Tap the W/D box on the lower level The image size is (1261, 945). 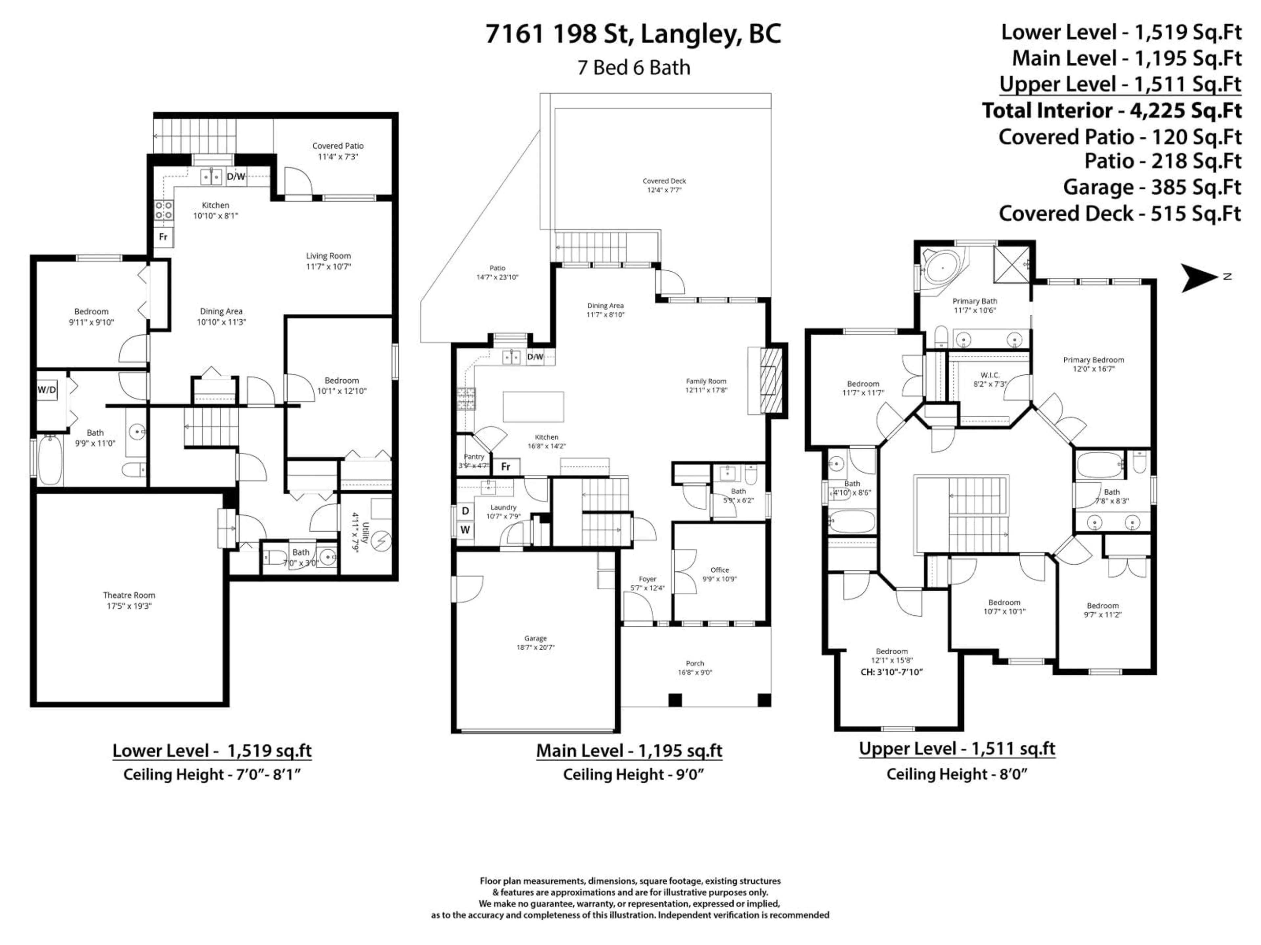(x=47, y=389)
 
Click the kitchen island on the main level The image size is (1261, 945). (x=533, y=407)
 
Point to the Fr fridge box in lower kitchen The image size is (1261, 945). (x=163, y=236)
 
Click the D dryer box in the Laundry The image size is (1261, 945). (x=465, y=511)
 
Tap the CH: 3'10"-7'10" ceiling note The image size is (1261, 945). (x=892, y=672)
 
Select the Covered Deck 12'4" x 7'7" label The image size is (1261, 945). (x=664, y=185)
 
